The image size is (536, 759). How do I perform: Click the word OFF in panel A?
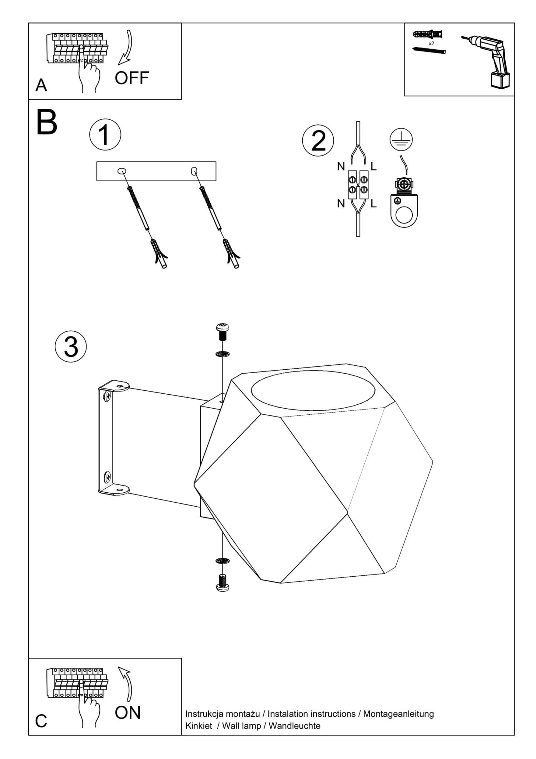pos(132,78)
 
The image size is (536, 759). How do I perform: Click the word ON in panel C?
pos(128,713)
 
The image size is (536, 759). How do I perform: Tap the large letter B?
pos(47,123)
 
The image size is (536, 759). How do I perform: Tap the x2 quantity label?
pos(431,43)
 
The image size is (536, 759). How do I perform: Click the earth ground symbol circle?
pos(401,139)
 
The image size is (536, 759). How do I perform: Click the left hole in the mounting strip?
pos(121,171)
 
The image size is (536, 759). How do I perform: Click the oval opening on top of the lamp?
pos(313,390)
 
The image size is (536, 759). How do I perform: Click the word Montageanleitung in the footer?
pos(398,714)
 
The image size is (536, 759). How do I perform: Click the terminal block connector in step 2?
pos(358,185)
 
